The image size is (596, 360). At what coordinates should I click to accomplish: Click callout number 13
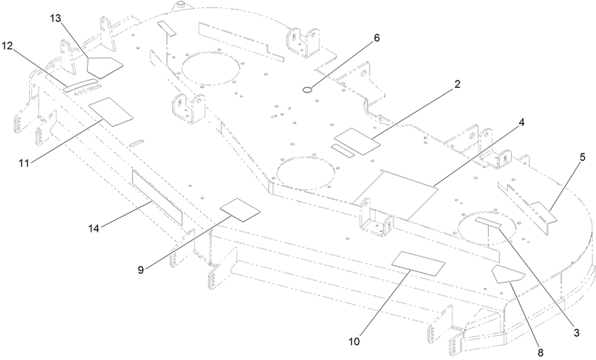pyautogui.click(x=55, y=18)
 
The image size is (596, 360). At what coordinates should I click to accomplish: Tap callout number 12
pyautogui.click(x=7, y=46)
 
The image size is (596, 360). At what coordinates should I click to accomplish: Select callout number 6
pyautogui.click(x=376, y=38)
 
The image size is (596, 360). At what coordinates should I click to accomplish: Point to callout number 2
pyautogui.click(x=457, y=84)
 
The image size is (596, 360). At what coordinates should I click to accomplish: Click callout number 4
pyautogui.click(x=522, y=122)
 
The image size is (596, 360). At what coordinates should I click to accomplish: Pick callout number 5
pyautogui.click(x=583, y=157)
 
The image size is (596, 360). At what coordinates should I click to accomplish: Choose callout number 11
pyautogui.click(x=24, y=163)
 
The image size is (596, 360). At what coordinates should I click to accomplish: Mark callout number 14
pyautogui.click(x=94, y=229)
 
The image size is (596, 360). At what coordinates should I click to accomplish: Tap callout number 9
pyautogui.click(x=141, y=270)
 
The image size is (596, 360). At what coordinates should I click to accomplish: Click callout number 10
pyautogui.click(x=354, y=342)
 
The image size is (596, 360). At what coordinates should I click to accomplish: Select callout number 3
pyautogui.click(x=577, y=333)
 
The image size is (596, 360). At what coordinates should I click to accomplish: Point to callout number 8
pyautogui.click(x=541, y=352)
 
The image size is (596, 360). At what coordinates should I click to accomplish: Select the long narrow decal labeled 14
pyautogui.click(x=157, y=198)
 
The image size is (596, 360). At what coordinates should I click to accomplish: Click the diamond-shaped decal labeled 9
pyautogui.click(x=241, y=209)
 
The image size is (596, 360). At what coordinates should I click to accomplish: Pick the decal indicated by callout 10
pyautogui.click(x=418, y=263)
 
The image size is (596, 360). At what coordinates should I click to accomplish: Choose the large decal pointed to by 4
pyautogui.click(x=393, y=195)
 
